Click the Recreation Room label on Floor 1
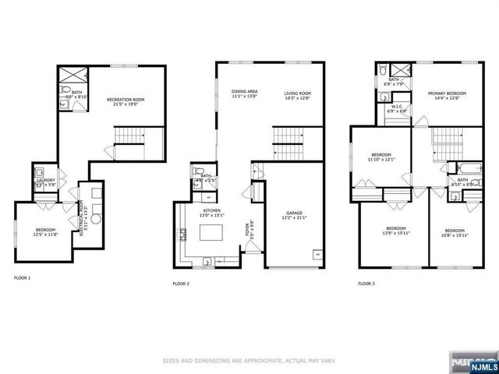click(x=126, y=100)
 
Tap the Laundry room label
click(x=45, y=181)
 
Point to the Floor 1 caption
click(x=23, y=277)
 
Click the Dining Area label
click(x=244, y=92)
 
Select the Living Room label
click(x=297, y=92)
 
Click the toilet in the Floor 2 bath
click(x=197, y=173)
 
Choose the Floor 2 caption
click(x=181, y=284)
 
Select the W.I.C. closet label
click(x=397, y=108)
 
